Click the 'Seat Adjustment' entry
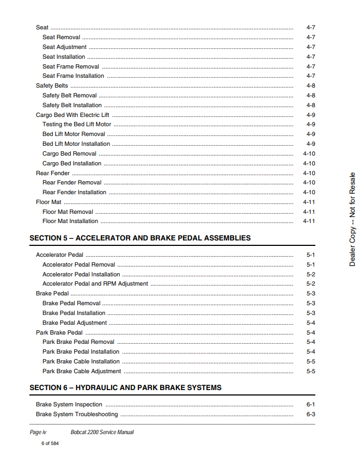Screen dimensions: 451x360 pos(64,47)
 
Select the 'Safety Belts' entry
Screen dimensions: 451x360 pos(52,86)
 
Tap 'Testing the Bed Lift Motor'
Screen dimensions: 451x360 pos(77,125)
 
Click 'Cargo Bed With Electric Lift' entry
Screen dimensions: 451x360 pos(72,115)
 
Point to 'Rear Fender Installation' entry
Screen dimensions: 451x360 pos(75,193)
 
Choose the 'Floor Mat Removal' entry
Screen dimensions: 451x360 pos(68,212)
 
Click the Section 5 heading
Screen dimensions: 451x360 pos(140,238)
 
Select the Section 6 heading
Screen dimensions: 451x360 pos(125,388)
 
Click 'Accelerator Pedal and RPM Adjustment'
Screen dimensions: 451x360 pos(95,284)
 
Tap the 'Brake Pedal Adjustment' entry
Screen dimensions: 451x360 pos(75,323)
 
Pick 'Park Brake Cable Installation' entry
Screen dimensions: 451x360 pos(81,362)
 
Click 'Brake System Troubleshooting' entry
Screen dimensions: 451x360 pos(77,415)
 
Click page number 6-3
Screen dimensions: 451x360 pos(310,415)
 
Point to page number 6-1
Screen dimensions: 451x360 pos(310,405)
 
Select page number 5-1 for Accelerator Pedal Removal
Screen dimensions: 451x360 pos(310,265)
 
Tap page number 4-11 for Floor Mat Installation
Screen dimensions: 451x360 pos(309,221)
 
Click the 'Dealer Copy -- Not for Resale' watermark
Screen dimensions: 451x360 pos(352,219)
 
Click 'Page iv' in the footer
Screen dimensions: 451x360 pos(38,433)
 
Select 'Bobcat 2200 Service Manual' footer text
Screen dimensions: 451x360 pos(102,433)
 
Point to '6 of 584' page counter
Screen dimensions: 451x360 pos(50,443)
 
